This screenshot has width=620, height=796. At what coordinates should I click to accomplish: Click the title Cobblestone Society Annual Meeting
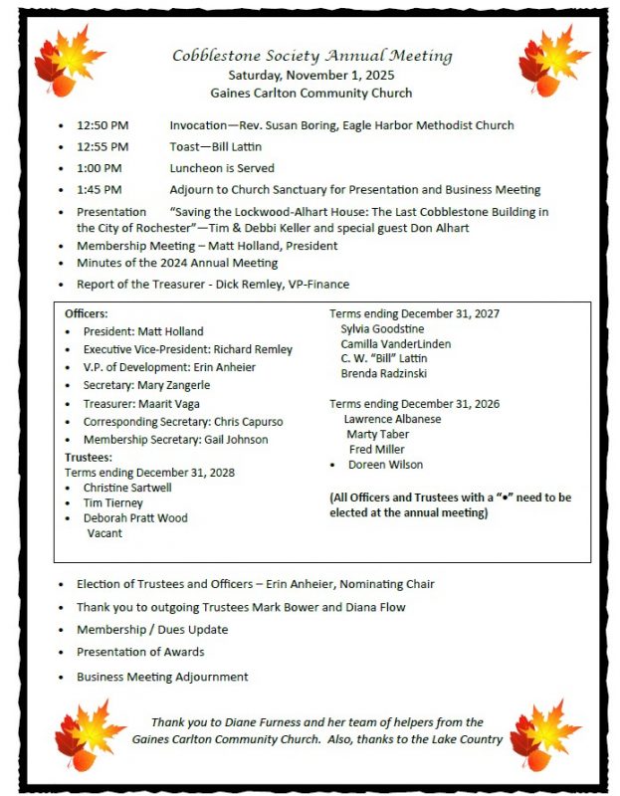(x=311, y=56)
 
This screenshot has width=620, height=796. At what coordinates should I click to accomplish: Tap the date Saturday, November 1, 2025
(x=311, y=75)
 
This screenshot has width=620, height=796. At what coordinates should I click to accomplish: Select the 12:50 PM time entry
(x=103, y=125)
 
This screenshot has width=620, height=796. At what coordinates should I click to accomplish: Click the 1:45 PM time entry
(x=100, y=189)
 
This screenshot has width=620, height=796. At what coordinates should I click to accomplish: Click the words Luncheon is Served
(x=222, y=168)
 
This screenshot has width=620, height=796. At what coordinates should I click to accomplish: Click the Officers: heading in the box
(x=86, y=313)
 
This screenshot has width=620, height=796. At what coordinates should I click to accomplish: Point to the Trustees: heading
(x=88, y=457)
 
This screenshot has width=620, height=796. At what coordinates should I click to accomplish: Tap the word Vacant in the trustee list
(x=105, y=533)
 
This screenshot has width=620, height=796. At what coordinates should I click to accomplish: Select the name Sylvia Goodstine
(x=381, y=327)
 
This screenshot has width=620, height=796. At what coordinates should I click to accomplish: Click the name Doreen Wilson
(x=385, y=465)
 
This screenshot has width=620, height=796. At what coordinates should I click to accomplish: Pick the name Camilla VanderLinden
(x=395, y=343)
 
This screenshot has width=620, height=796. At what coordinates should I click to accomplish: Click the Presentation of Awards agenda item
(x=140, y=652)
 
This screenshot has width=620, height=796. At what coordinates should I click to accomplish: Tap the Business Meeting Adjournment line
(x=162, y=677)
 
